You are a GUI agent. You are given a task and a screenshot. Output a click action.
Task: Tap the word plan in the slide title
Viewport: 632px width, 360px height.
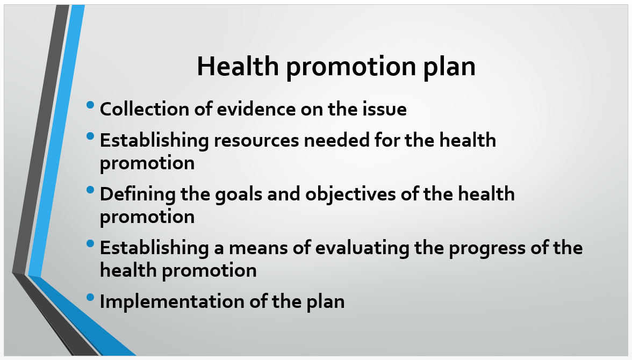coord(449,67)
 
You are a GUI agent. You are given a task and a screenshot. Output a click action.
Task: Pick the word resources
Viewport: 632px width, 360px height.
coord(256,141)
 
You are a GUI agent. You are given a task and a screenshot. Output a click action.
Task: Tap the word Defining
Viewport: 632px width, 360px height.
coord(138,195)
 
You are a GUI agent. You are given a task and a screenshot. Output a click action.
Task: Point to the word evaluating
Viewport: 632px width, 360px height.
coord(362,248)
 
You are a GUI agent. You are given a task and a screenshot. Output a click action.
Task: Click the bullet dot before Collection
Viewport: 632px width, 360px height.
coord(90,105)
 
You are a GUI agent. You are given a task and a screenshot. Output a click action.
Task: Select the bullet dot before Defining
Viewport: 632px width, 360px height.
coord(90,190)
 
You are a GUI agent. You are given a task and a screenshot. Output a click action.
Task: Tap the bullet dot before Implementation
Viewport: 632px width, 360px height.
coord(90,298)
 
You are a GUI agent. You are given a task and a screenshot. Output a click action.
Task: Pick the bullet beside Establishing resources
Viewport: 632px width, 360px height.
coord(90,136)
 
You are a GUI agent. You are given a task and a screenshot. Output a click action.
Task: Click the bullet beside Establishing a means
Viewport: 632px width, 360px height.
coord(90,243)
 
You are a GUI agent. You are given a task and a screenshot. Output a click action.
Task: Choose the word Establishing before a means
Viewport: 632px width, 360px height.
coord(154,248)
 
